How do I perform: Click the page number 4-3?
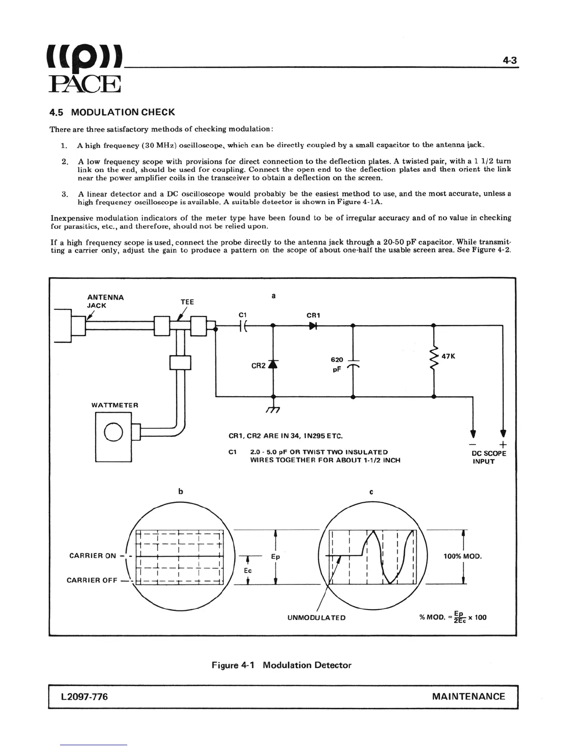point(509,61)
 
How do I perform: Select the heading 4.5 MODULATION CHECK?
point(112,113)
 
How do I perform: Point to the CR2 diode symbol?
point(272,364)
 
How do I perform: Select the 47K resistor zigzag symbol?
point(434,358)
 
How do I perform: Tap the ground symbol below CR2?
point(273,409)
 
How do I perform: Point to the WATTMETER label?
point(115,405)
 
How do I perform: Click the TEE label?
point(187,302)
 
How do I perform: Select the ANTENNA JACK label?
point(105,301)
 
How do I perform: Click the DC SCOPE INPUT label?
point(489,457)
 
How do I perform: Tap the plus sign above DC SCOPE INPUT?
point(503,444)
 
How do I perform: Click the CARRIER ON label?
point(93,556)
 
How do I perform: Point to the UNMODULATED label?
point(316,618)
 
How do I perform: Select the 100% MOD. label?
point(463,556)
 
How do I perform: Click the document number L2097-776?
point(84,697)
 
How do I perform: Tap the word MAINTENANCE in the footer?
point(468,697)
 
